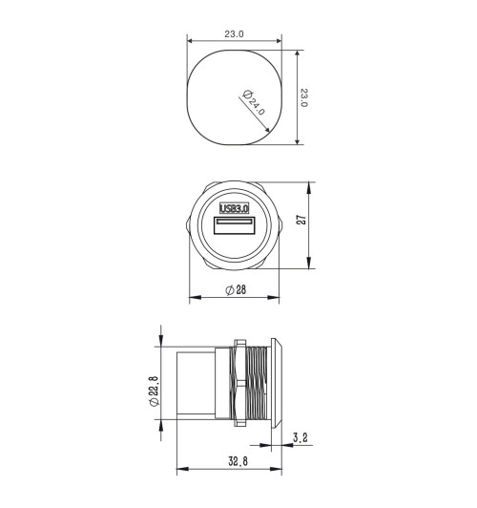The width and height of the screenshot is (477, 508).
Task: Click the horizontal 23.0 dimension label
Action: tap(235, 33)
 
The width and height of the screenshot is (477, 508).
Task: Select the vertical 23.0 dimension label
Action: tap(304, 97)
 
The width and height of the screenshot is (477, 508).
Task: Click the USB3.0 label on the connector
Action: tap(235, 208)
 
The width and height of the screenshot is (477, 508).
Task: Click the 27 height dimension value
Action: tap(301, 220)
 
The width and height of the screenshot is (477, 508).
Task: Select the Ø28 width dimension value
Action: tap(235, 289)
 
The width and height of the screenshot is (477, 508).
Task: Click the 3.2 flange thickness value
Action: tap(301, 438)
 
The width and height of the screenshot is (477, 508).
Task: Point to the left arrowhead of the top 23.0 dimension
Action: tap(189, 41)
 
